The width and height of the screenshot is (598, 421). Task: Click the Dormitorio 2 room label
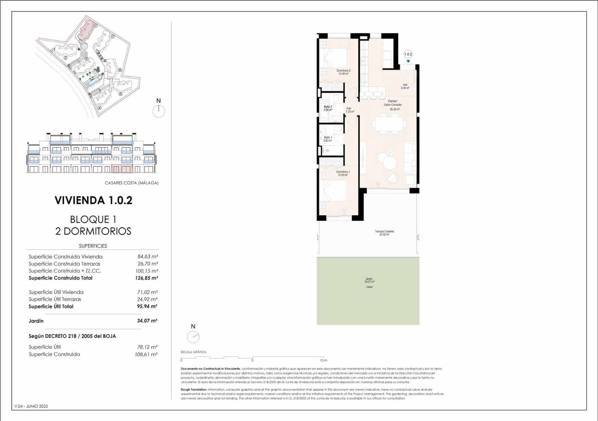point(343,72)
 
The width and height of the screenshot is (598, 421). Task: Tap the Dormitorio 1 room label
point(343,173)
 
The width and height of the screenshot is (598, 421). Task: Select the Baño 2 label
point(328,108)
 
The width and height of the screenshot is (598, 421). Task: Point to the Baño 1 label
point(328,139)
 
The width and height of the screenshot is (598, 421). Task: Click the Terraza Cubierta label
point(384,233)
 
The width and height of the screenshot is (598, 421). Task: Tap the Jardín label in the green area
point(369,280)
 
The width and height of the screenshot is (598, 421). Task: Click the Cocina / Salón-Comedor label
point(392,105)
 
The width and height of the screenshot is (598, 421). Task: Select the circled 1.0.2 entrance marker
point(408,55)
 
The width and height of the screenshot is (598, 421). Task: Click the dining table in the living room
point(389,124)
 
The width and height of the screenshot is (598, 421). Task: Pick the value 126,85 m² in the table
point(147,278)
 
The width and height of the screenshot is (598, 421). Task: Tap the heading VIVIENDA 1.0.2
point(93,201)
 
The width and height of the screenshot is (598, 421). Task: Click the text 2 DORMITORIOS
point(93,231)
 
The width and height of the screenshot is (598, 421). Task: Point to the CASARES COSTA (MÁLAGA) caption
point(132,183)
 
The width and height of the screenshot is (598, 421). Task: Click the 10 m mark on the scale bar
point(323,360)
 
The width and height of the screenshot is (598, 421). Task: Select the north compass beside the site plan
point(159,111)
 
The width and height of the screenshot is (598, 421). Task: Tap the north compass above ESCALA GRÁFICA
point(193,337)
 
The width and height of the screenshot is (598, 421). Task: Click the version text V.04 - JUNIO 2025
point(31,406)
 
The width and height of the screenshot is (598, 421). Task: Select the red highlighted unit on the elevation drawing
point(122,169)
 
